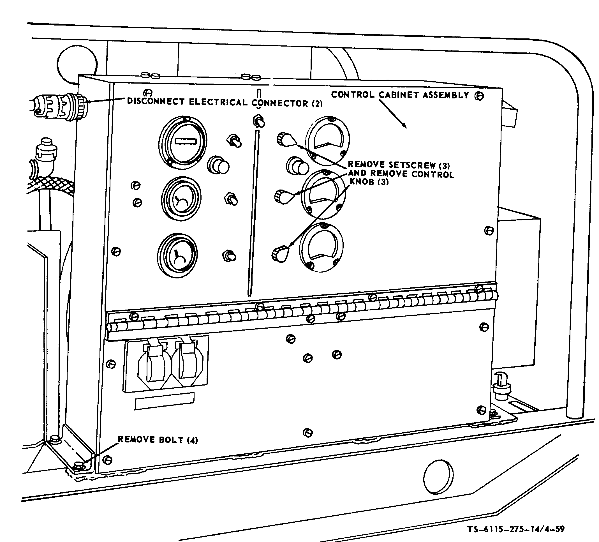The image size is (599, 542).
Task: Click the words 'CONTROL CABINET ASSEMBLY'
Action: pos(400,95)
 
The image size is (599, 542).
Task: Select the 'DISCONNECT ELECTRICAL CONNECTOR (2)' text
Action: pos(225,102)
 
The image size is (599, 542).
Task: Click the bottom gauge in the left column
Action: pos(177,255)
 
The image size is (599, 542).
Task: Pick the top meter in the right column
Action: pos(327,139)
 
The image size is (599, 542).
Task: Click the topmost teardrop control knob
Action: pos(286,140)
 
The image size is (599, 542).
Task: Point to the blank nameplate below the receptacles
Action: pos(165,401)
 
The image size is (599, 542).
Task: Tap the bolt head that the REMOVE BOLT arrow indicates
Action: pos(78,465)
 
